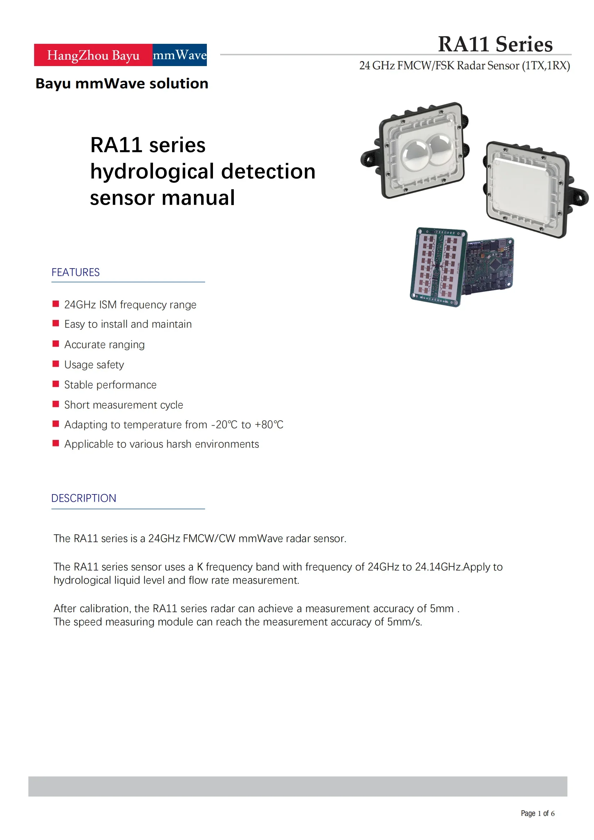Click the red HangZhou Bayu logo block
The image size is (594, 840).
pos(93,55)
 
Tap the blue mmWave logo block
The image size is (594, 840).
pos(180,55)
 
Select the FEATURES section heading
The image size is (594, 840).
pos(75,272)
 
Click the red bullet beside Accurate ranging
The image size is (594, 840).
pos(56,344)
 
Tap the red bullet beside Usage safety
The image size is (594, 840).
pos(56,364)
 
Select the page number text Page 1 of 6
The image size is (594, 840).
pos(537,813)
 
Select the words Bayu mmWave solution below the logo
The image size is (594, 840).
pos(122,83)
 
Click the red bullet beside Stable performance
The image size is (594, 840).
pos(56,384)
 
